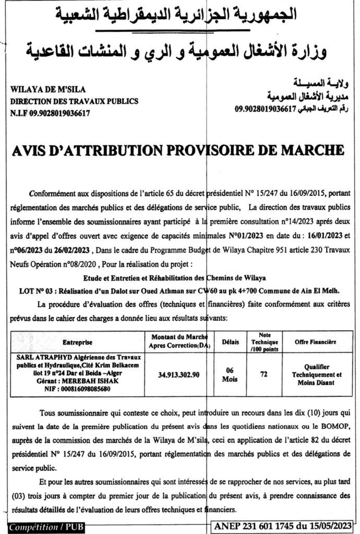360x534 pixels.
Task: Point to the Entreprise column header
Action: [77, 343]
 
